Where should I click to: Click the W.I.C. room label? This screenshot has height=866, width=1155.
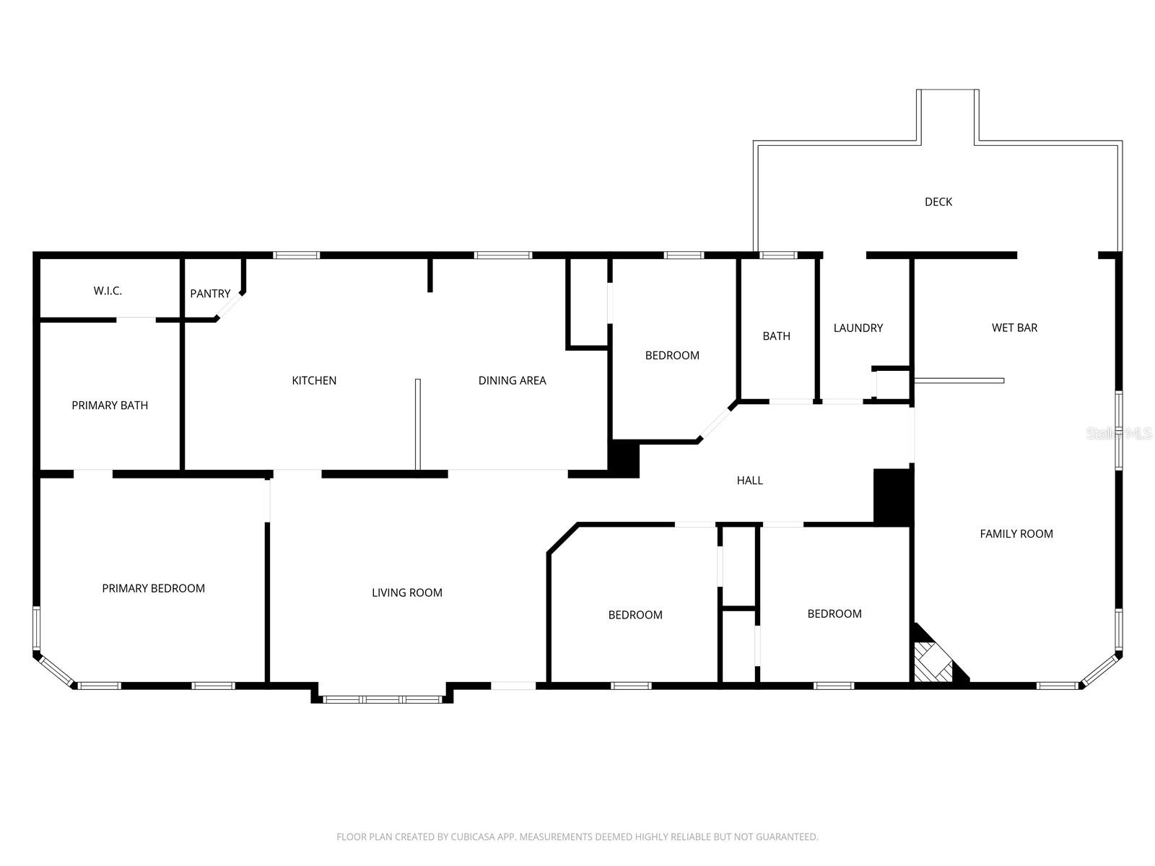coord(108,291)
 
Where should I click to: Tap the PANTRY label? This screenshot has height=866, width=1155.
coord(210,294)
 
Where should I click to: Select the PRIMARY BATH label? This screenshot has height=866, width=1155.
coord(110,406)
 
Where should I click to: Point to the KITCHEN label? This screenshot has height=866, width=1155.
coord(314,380)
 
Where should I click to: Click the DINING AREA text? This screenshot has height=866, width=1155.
coord(512,380)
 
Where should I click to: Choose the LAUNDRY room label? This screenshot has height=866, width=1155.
coord(858,328)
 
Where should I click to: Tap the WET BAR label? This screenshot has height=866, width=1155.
coord(1014,328)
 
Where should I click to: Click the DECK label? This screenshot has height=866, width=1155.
coord(938,202)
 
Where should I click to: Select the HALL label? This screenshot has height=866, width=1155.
coord(749,480)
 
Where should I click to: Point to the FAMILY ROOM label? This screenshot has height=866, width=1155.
coord(1016,534)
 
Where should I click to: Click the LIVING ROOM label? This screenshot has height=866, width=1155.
coord(406,592)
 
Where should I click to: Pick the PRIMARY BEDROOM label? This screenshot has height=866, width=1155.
coord(153,588)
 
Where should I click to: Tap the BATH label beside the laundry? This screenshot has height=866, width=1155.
coord(776,336)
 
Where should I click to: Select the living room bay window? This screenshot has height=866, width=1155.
coord(382,699)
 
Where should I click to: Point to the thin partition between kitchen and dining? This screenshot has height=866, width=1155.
coord(417,424)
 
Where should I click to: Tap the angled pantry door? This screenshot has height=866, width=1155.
coord(230,306)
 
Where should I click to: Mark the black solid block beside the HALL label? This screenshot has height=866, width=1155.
coord(893,497)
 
